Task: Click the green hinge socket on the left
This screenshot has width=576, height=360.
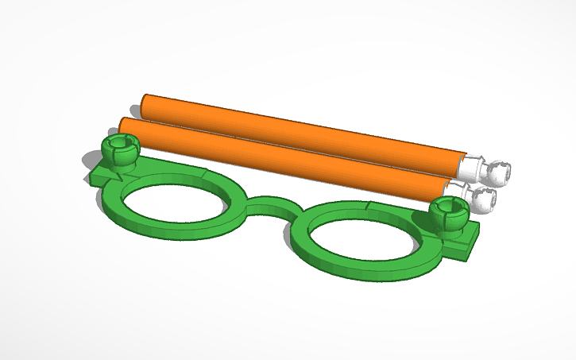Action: click(x=120, y=149)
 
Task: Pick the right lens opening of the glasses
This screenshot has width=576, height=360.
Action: click(x=361, y=237)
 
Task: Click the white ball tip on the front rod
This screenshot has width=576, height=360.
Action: click(x=484, y=199)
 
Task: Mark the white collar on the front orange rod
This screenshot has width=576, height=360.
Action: click(x=458, y=188)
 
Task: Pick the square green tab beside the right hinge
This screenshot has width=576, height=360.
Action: click(x=469, y=235)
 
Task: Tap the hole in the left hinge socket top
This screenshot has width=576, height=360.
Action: click(x=120, y=142)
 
